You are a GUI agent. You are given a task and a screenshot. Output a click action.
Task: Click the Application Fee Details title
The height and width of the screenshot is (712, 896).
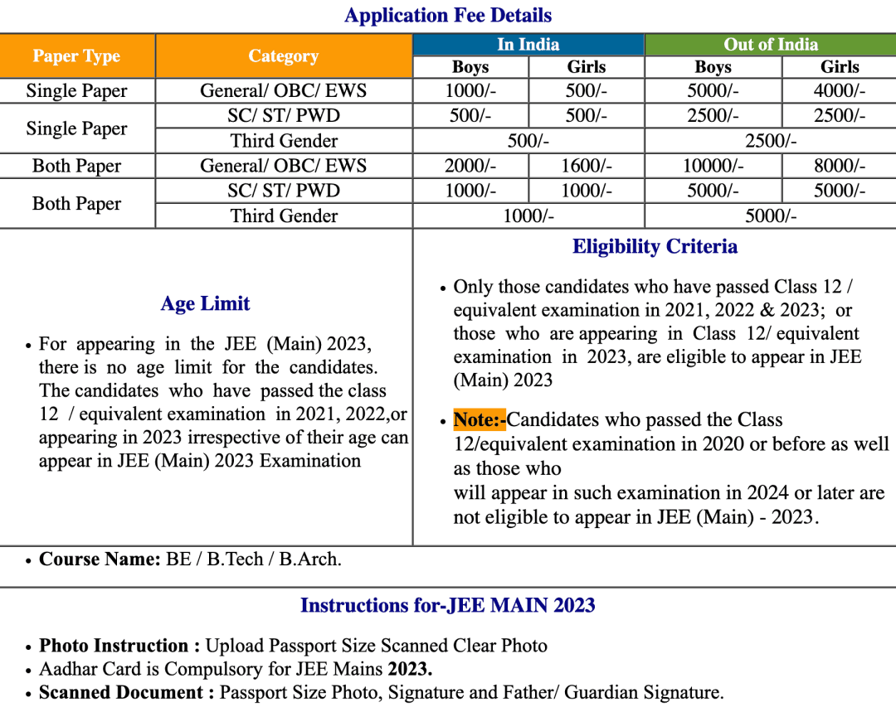click(x=448, y=16)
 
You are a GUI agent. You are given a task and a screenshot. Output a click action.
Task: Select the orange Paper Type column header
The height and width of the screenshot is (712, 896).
click(x=77, y=56)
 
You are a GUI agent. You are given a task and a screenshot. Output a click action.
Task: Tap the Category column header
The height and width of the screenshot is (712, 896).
click(x=284, y=56)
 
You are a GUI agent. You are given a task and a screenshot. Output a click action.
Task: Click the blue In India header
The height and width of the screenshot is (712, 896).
click(x=528, y=45)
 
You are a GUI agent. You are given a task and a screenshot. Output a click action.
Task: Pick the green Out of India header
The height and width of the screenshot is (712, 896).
click(x=771, y=45)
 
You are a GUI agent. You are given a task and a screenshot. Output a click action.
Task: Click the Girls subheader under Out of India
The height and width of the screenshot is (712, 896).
click(x=840, y=67)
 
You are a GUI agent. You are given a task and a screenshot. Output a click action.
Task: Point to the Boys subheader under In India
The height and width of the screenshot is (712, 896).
click(x=470, y=67)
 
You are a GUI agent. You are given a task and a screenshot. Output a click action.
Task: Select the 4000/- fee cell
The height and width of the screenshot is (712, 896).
click(x=840, y=91)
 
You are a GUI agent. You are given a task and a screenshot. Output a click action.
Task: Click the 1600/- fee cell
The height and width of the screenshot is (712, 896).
click(x=587, y=166)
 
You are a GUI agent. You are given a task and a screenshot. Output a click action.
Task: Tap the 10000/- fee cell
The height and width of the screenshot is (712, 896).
click(x=713, y=166)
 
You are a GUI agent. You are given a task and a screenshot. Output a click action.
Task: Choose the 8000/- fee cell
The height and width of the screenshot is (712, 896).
click(x=840, y=166)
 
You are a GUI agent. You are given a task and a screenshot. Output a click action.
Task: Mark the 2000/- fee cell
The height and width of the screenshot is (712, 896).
click(x=470, y=166)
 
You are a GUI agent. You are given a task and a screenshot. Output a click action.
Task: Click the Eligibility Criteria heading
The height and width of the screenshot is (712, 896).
click(x=655, y=247)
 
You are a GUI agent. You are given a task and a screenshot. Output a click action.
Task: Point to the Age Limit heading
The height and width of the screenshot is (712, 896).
click(x=205, y=304)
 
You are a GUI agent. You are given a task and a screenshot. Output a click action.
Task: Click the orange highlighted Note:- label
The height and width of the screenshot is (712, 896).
click(x=480, y=420)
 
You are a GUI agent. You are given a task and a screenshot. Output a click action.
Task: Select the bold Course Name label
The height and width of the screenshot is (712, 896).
click(x=100, y=559)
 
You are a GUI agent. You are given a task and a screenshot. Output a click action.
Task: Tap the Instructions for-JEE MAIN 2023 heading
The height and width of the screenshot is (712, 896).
click(x=448, y=606)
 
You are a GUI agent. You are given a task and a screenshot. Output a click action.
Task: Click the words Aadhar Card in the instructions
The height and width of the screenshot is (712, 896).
click(x=83, y=669)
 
